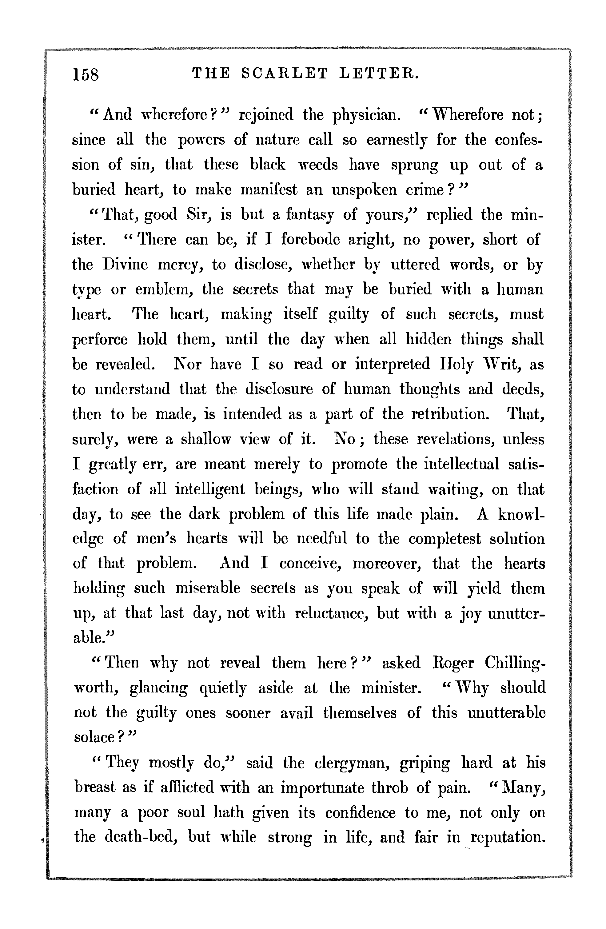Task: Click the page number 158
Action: coord(86,74)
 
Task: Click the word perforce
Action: coord(100,339)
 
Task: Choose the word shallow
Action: coord(206,439)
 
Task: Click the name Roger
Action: coord(454,663)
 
